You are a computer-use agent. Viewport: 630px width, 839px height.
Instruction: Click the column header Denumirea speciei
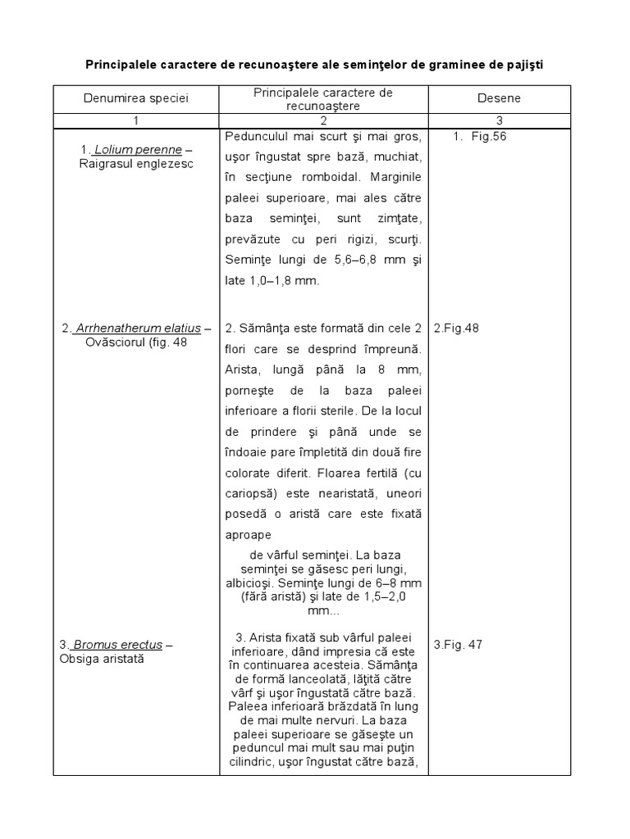pyautogui.click(x=135, y=98)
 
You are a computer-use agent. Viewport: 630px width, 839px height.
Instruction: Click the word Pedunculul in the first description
pyautogui.click(x=255, y=136)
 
